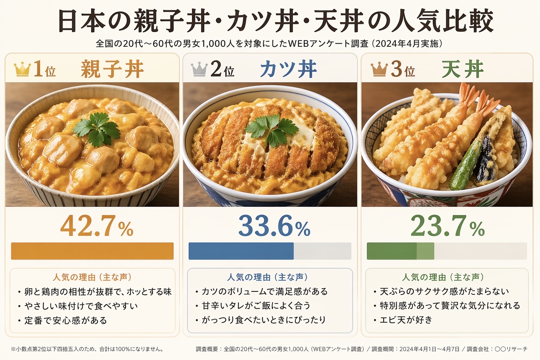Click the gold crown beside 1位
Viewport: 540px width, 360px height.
click(22, 69)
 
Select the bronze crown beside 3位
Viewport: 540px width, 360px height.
click(379, 69)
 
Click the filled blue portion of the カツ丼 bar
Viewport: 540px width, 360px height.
click(241, 251)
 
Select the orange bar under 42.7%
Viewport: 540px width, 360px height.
click(92, 251)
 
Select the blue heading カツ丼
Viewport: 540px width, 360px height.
click(288, 69)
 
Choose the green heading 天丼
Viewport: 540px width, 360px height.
click(463, 69)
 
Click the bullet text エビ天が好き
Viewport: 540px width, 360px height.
click(406, 320)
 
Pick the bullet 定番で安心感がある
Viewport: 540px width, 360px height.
click(65, 320)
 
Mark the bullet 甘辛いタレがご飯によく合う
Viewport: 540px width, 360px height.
click(256, 306)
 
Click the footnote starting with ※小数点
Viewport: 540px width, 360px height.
click(87, 349)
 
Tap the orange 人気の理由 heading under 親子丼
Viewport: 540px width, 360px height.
click(92, 277)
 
